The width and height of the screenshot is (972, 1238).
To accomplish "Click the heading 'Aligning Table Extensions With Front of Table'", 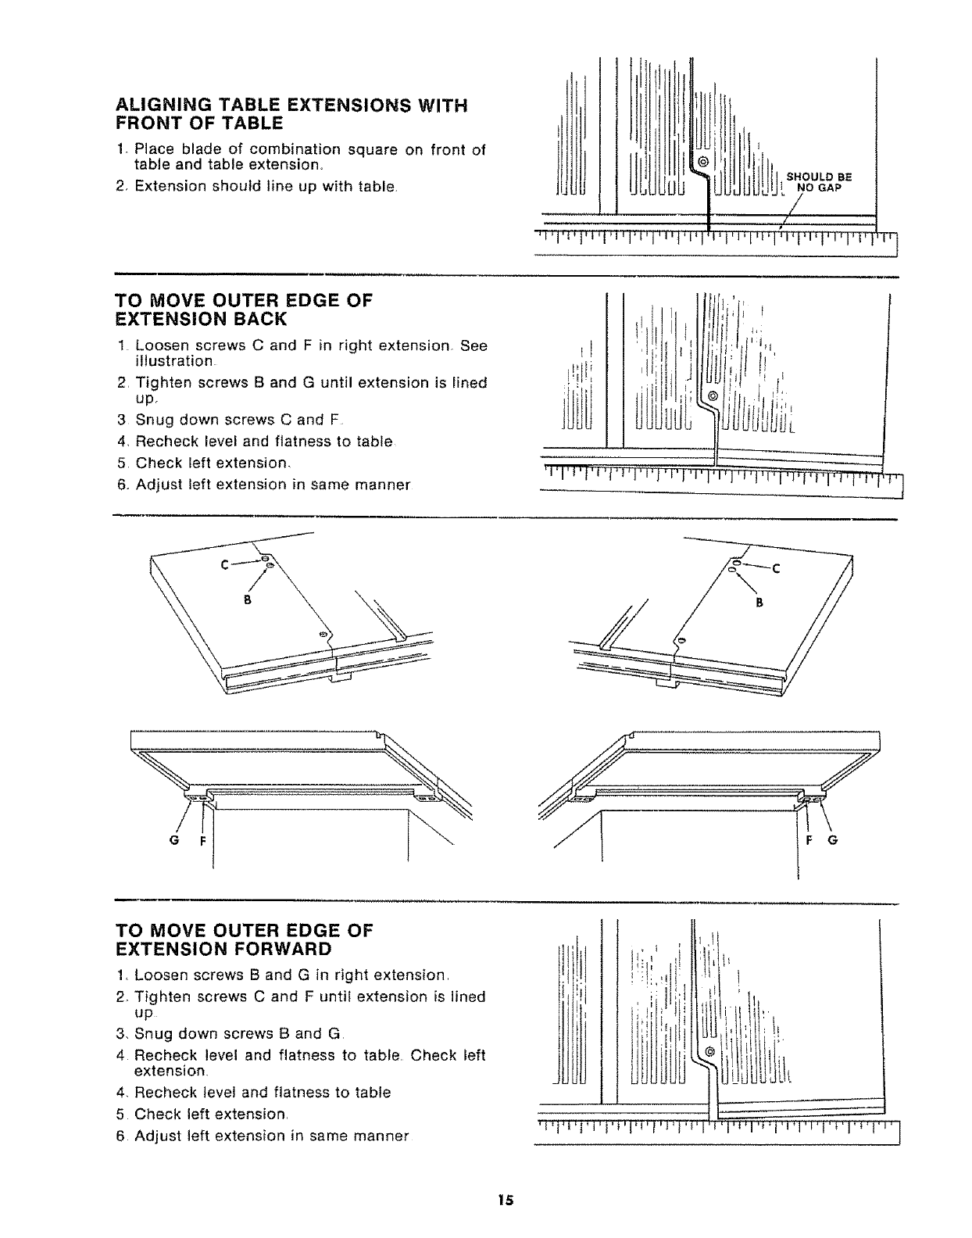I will tap(291, 114).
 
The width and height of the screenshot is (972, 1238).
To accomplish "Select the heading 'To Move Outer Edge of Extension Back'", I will tap(244, 309).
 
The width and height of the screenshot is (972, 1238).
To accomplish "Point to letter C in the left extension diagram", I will tap(224, 566).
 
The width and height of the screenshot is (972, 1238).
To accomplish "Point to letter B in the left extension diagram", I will tap(246, 600).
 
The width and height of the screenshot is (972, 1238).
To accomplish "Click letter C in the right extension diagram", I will tap(776, 569).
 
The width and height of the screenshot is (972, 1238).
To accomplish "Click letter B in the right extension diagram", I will tap(757, 603).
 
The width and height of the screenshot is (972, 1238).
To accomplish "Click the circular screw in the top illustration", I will tap(702, 162).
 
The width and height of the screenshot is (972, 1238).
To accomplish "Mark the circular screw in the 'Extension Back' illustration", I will tap(712, 396).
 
